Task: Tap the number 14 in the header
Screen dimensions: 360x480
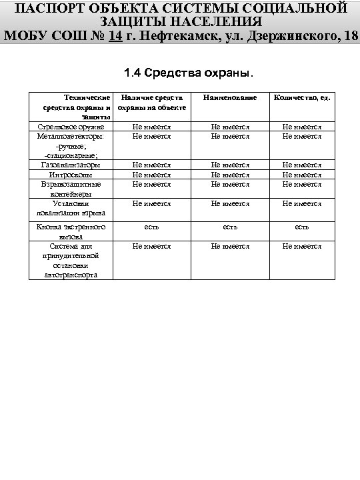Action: click(x=115, y=35)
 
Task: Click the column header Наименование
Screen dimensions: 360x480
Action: click(x=230, y=97)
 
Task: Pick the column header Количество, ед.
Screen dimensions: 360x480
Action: click(x=301, y=97)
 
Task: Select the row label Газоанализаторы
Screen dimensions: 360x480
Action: click(x=71, y=165)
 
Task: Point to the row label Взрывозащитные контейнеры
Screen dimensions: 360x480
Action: click(x=71, y=189)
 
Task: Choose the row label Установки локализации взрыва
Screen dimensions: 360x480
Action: click(x=71, y=209)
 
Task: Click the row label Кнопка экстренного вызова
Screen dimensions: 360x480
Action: click(x=71, y=231)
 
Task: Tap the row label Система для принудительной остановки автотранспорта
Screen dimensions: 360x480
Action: click(x=71, y=260)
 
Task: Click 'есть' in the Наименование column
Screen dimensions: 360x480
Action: click(x=230, y=227)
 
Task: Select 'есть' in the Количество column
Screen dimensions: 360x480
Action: click(x=301, y=227)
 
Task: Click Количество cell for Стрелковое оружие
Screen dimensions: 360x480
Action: click(x=301, y=126)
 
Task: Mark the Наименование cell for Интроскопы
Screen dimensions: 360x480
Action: click(x=230, y=175)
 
